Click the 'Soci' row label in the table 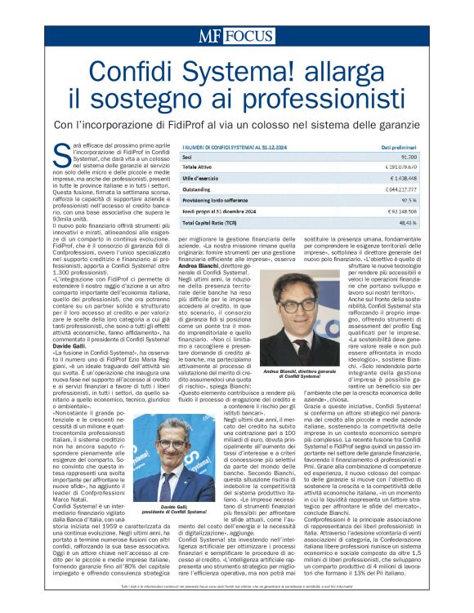[x=188, y=155]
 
